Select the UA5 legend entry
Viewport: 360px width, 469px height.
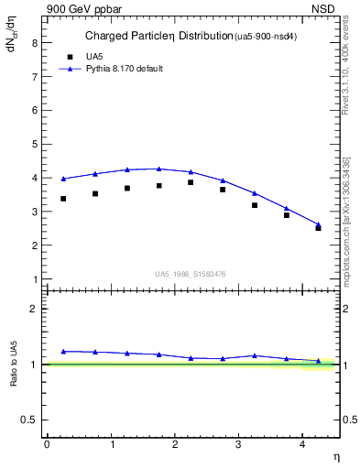coord(94,56)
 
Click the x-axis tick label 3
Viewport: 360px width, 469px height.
coord(238,444)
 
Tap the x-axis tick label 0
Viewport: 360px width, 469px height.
coord(47,444)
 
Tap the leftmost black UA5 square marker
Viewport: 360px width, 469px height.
coord(63,199)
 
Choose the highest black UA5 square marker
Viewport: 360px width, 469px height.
coord(191,182)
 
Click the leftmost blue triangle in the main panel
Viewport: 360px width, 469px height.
coord(63,179)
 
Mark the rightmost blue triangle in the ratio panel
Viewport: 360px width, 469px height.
coord(318,361)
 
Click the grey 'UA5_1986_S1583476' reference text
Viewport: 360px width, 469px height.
coord(191,274)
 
